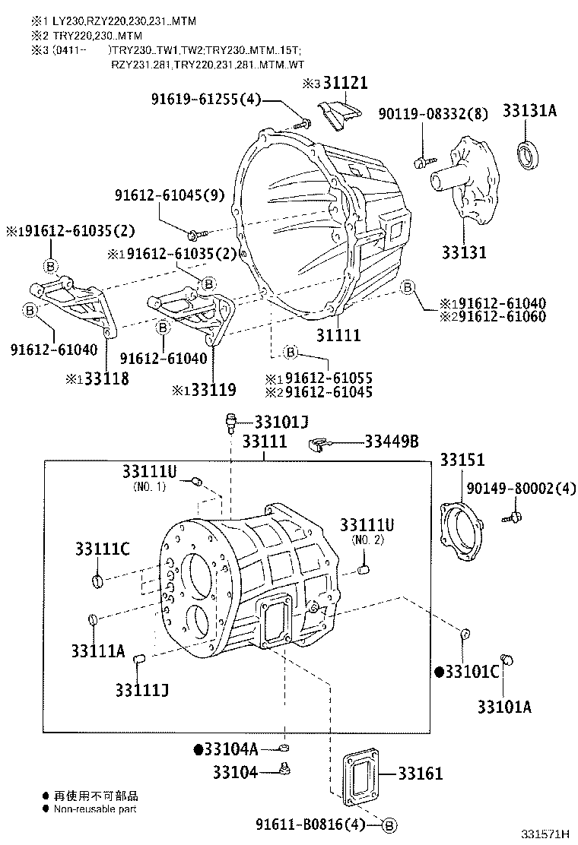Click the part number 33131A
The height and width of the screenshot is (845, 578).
point(529,111)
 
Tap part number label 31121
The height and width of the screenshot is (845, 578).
point(347,84)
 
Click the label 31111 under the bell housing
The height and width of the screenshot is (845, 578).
point(338,334)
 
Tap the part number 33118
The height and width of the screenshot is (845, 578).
point(106,378)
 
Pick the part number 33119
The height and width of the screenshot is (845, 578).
point(213,390)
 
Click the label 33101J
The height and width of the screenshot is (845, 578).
point(281,422)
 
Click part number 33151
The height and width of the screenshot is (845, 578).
point(462,460)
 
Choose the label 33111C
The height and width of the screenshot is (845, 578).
point(102,549)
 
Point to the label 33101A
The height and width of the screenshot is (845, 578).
point(504,707)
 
